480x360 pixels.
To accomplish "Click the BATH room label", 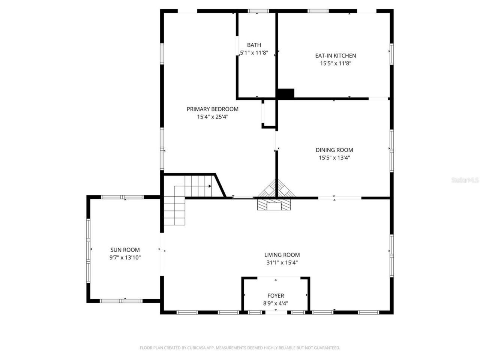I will tap(254, 45).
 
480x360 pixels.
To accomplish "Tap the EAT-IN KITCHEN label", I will tap(335, 55).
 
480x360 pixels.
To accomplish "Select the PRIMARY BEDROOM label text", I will tap(212, 109).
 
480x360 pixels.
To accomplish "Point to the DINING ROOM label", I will tap(334, 150).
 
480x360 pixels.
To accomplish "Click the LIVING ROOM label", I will tap(282, 255).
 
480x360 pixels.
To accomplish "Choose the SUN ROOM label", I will tap(125, 250).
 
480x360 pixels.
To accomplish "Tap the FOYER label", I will tap(276, 295).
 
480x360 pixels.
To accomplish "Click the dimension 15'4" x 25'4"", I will tap(212, 117).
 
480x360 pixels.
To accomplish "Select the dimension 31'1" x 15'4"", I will tap(282, 263).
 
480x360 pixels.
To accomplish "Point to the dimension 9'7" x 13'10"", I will tap(125, 258).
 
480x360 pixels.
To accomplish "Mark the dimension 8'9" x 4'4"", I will tap(276, 303).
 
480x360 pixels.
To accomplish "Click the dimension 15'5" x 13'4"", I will tap(334, 158).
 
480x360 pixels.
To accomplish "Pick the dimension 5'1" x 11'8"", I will tap(254, 53).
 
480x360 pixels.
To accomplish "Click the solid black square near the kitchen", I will tap(286, 93).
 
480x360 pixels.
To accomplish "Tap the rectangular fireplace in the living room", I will tap(274, 205).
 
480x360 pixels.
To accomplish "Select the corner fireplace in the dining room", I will tap(277, 189).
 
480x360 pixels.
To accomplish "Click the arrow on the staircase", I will tap(210, 186).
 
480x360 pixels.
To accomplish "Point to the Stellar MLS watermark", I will tap(465, 180).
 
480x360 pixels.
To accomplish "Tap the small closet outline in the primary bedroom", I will tap(268, 114).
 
